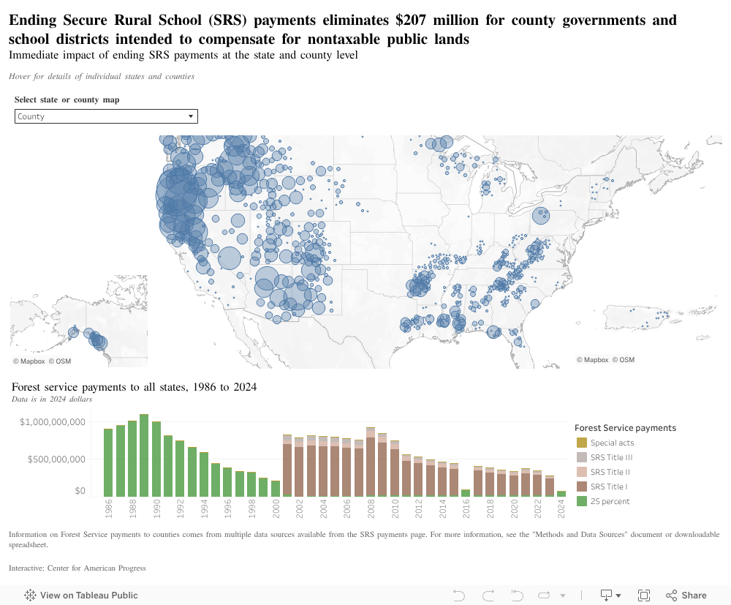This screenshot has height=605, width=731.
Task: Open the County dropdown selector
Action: pyautogui.click(x=106, y=116)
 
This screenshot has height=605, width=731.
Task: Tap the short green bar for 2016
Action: pyautogui.click(x=466, y=493)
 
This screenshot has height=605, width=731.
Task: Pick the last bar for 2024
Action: pyautogui.click(x=561, y=494)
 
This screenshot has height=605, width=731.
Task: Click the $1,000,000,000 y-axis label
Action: pyautogui.click(x=53, y=422)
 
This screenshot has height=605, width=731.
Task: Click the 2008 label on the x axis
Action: pyautogui.click(x=371, y=508)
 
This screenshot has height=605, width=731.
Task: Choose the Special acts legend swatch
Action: pyautogui.click(x=582, y=443)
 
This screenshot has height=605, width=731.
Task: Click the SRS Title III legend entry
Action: pyautogui.click(x=612, y=457)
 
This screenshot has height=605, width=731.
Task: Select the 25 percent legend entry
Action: pyautogui.click(x=610, y=501)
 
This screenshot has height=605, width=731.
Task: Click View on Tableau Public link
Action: pyautogui.click(x=81, y=595)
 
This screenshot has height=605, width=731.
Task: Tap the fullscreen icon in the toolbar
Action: pyautogui.click(x=644, y=595)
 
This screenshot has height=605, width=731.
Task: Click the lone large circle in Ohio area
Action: pyautogui.click(x=540, y=215)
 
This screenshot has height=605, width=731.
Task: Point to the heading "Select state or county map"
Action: pyautogui.click(x=67, y=99)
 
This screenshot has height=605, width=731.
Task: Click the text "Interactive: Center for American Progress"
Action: pyautogui.click(x=77, y=568)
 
